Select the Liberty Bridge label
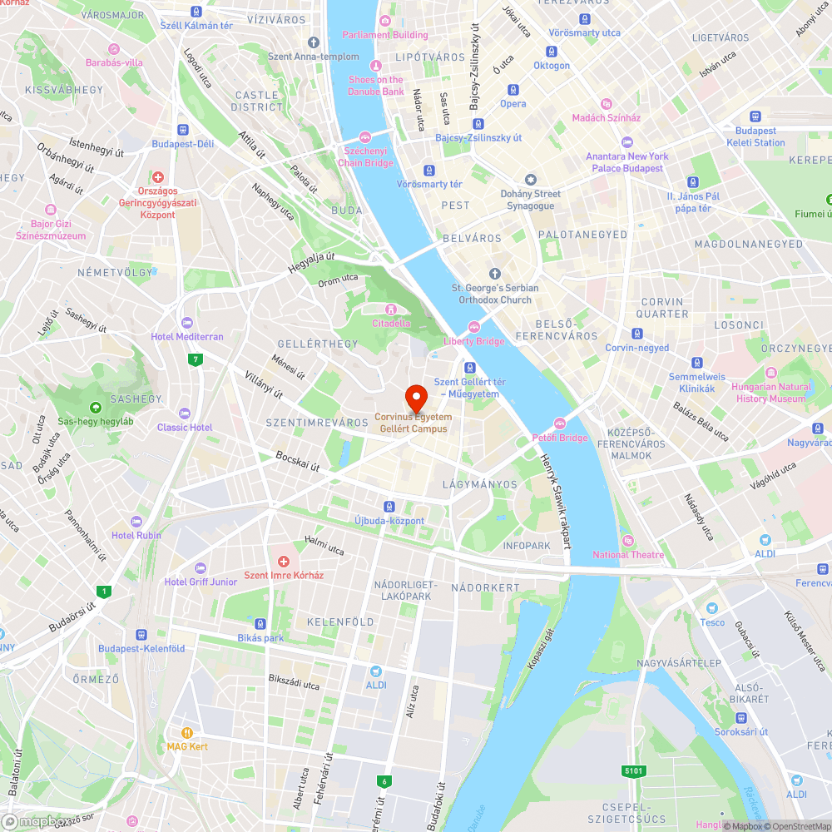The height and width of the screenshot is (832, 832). (474, 341)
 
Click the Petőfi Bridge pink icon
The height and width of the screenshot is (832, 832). (560, 424)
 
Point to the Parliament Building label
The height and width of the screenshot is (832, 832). (385, 35)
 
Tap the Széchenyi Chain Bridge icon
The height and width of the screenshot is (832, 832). (364, 137)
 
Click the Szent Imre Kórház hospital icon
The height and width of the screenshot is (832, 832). (283, 562)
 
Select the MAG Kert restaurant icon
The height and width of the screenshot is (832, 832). (187, 733)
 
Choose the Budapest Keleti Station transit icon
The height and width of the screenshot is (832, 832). (755, 117)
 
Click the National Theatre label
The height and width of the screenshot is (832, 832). (628, 555)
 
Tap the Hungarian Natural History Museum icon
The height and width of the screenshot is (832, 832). (770, 373)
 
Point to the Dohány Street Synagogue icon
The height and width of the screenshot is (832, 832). (530, 181)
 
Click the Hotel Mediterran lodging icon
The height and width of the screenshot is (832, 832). (186, 323)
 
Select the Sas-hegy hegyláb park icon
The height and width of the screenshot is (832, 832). (96, 408)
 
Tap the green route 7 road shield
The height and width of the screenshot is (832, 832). (196, 359)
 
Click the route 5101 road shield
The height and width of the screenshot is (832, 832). (634, 771)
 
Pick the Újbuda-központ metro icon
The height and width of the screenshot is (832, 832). (389, 507)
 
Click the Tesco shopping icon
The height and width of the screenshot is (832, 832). (711, 609)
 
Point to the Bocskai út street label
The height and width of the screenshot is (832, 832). (298, 462)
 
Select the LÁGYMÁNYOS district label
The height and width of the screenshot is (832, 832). (480, 484)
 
